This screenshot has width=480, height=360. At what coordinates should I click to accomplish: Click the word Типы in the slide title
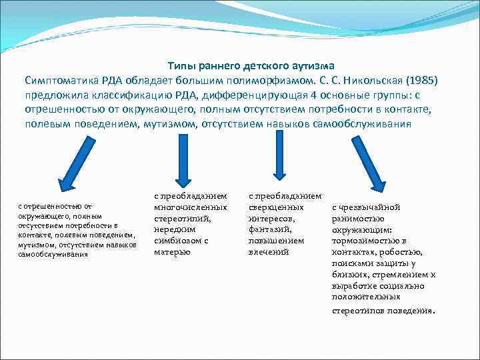coord(181,67)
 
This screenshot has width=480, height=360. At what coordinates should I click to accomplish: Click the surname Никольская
coord(363,80)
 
